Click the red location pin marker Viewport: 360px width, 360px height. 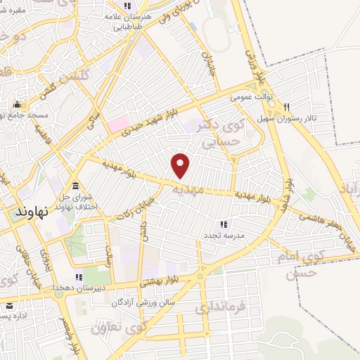click(181, 166)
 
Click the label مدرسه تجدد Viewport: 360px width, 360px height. click(224, 236)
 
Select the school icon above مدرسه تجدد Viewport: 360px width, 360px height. click(224, 224)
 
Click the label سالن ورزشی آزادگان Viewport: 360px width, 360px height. click(143, 302)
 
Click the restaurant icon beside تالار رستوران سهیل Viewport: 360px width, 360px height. click(286, 108)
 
